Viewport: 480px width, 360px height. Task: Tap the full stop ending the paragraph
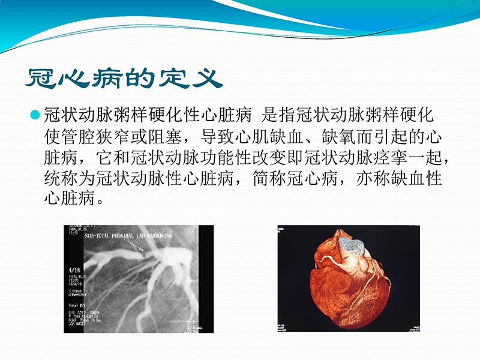(103, 199)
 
